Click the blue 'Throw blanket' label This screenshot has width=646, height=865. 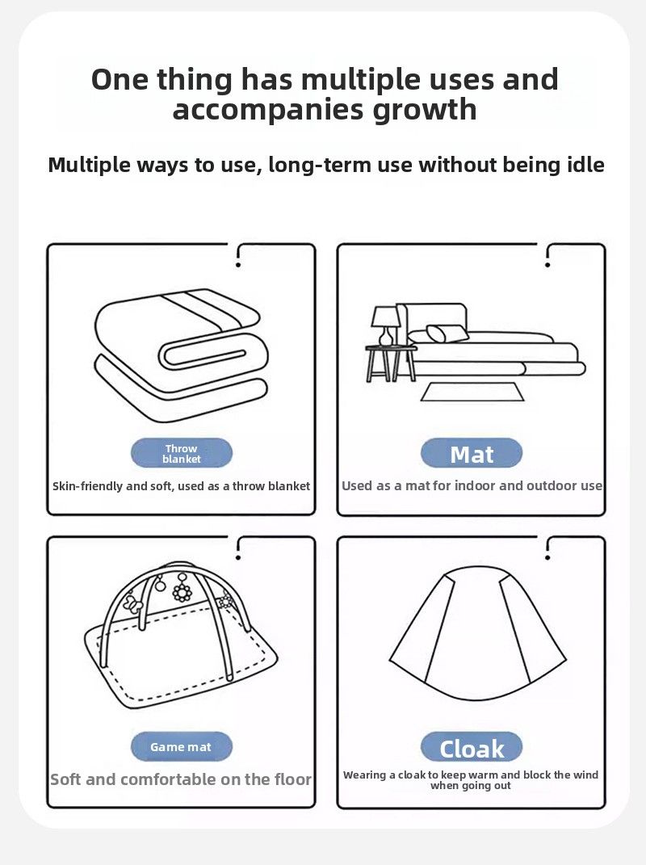[x=182, y=453]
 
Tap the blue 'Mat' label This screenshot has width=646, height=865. [x=471, y=453]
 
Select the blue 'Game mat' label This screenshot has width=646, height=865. [x=182, y=746]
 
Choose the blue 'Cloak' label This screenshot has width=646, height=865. [x=471, y=747]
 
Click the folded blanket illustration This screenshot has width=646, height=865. [x=181, y=355]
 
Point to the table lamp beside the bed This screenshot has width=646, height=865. [x=386, y=325]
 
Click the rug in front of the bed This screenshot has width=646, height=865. [x=472, y=392]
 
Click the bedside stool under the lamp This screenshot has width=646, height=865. [x=391, y=363]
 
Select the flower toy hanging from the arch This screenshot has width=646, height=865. [x=182, y=591]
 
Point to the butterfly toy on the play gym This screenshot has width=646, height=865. [x=133, y=603]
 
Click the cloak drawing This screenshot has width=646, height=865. [x=477, y=633]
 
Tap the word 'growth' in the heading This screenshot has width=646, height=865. [x=425, y=110]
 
